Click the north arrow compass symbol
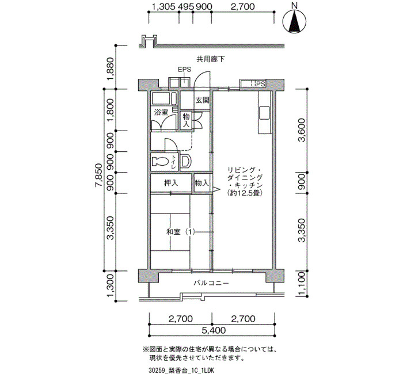(x=294, y=21)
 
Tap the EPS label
(x=185, y=70)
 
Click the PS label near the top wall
(x=260, y=84)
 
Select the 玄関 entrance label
(x=202, y=100)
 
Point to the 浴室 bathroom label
(x=161, y=112)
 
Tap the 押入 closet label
(x=171, y=183)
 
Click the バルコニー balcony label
(x=211, y=283)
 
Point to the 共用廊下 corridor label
(x=211, y=59)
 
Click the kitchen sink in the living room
(x=264, y=113)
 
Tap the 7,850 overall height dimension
(x=99, y=180)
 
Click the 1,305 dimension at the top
(x=164, y=6)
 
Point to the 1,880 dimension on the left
(x=111, y=68)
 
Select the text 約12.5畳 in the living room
(x=245, y=193)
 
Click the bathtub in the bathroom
(x=164, y=98)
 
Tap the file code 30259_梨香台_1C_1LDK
(x=181, y=370)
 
